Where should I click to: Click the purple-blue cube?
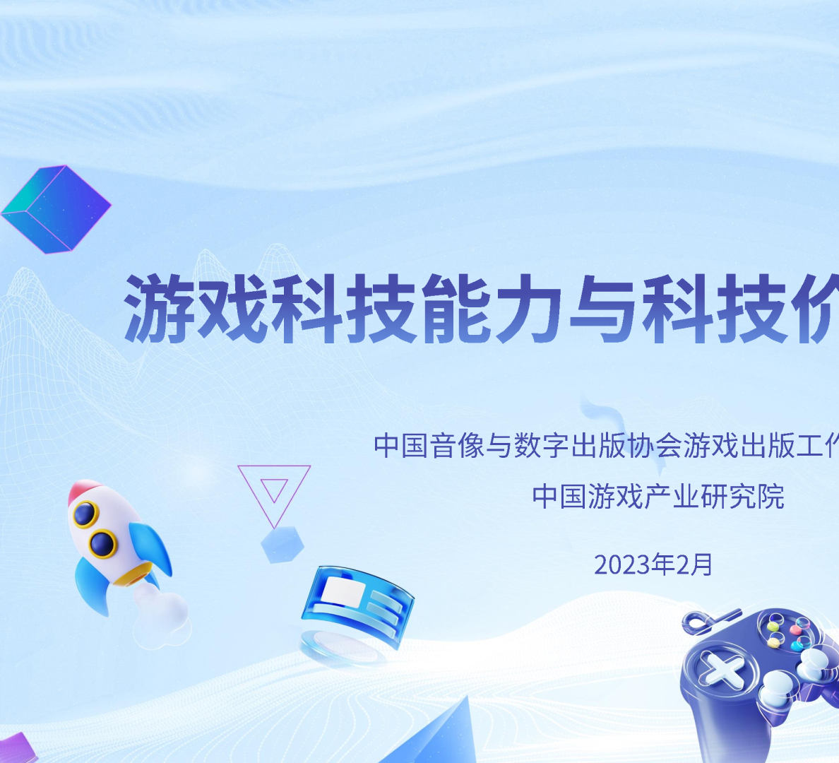click(56, 208)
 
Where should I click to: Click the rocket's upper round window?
click(86, 514)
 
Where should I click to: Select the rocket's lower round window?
click(103, 543)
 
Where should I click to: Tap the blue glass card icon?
click(357, 604)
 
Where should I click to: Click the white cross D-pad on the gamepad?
click(718, 669)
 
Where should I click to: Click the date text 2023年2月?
click(653, 564)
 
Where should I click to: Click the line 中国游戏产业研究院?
click(658, 497)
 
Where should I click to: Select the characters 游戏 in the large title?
click(197, 309)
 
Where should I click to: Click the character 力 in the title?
click(528, 309)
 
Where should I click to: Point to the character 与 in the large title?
click(603, 309)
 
